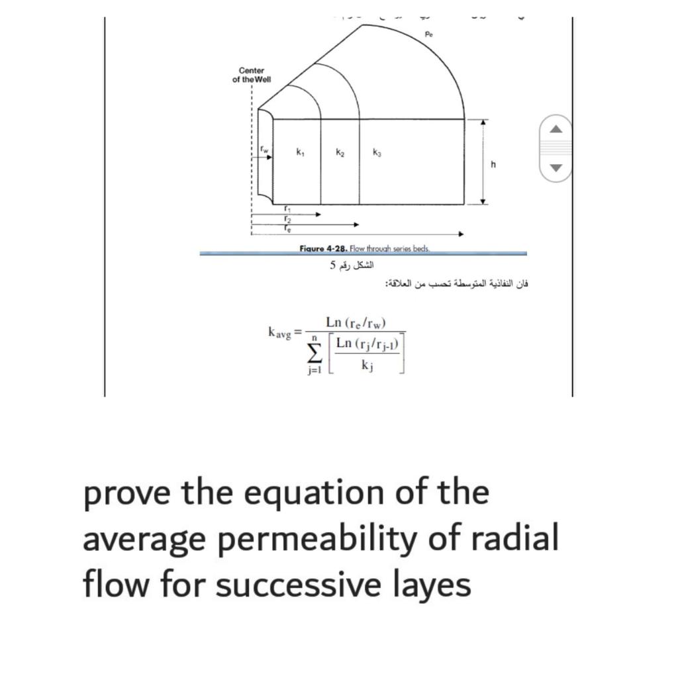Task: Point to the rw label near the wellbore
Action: (265, 150)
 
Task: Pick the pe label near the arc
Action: (428, 33)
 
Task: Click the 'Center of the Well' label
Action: (252, 75)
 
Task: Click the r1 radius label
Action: (286, 208)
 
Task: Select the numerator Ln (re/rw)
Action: (356, 322)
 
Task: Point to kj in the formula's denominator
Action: (367, 365)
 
